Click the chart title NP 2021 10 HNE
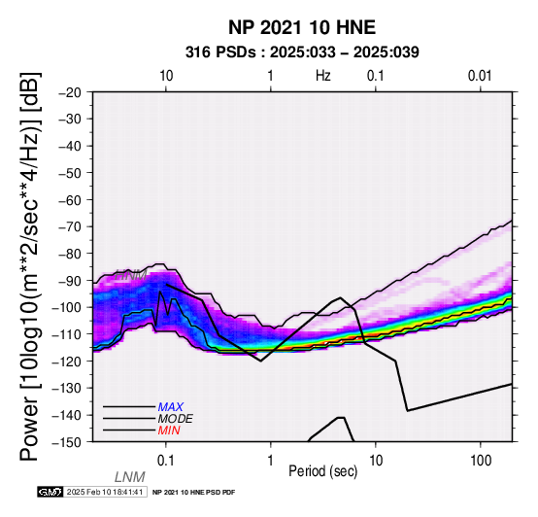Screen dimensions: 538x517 (x=302, y=27)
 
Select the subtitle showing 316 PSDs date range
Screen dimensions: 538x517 (x=302, y=52)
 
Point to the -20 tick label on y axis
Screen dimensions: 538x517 (x=70, y=92)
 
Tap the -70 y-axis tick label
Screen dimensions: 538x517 (x=70, y=226)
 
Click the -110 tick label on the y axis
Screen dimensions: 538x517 (x=66, y=334)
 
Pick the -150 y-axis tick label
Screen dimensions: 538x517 (x=66, y=442)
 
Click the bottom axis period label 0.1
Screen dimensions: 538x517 (x=166, y=461)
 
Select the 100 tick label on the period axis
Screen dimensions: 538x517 (x=481, y=461)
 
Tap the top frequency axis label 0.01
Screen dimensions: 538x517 (x=480, y=76)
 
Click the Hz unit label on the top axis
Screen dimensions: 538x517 (x=323, y=76)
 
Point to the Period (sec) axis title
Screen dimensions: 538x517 (x=322, y=471)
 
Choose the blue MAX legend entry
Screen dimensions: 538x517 (x=171, y=407)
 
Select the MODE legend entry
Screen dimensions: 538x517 (x=176, y=419)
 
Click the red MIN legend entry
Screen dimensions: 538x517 (x=169, y=431)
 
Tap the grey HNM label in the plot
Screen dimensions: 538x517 (x=131, y=275)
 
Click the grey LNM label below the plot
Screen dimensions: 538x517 (x=130, y=477)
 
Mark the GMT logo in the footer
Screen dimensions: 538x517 (x=50, y=492)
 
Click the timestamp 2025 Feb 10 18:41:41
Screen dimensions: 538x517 (x=105, y=492)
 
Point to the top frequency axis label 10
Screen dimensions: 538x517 (x=166, y=76)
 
